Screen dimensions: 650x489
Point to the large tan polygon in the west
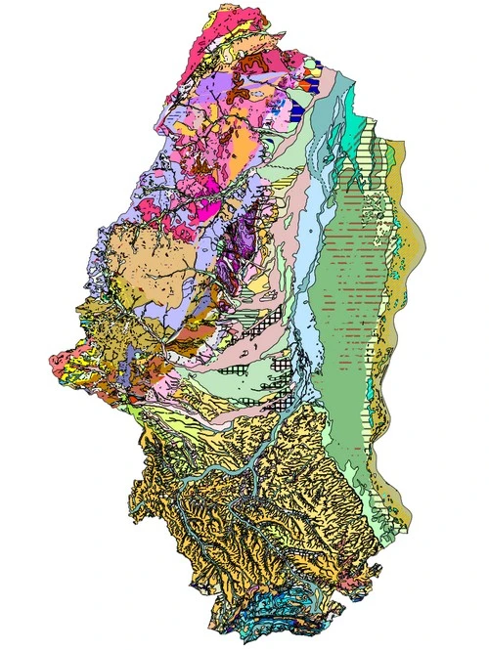137,259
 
